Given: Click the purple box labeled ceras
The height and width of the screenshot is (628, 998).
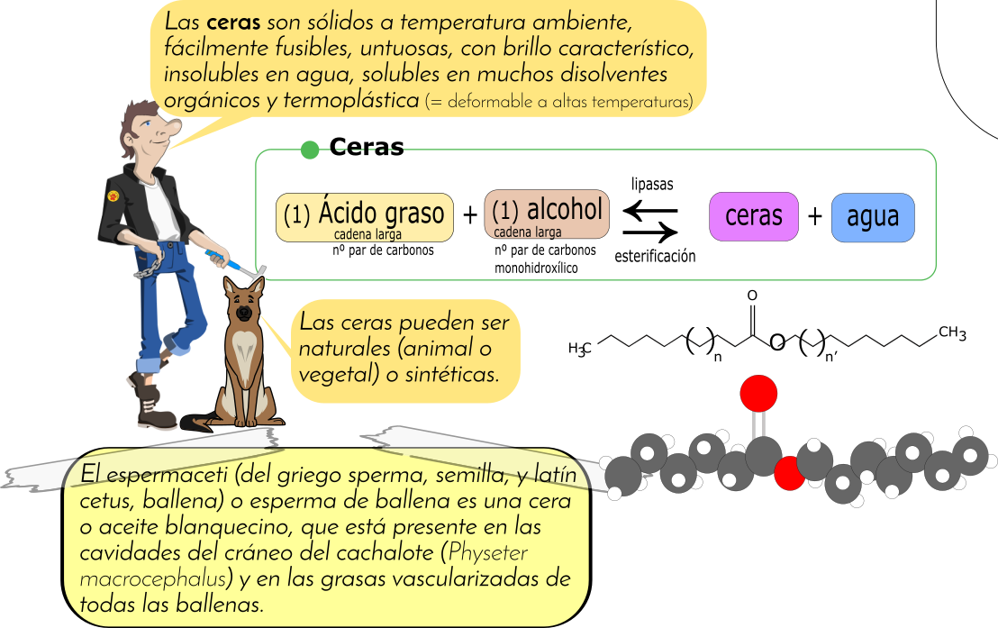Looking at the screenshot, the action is (x=753, y=217).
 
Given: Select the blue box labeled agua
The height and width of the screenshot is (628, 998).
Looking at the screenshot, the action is (x=872, y=217).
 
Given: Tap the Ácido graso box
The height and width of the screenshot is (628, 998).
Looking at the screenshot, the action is (x=364, y=217).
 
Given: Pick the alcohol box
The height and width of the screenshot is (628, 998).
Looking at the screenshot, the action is (x=547, y=214).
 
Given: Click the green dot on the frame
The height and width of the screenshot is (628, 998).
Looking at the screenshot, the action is (x=309, y=150).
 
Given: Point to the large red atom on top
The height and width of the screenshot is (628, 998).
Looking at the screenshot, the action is (x=758, y=393).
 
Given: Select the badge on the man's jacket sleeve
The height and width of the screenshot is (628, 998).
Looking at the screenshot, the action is (x=113, y=196).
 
